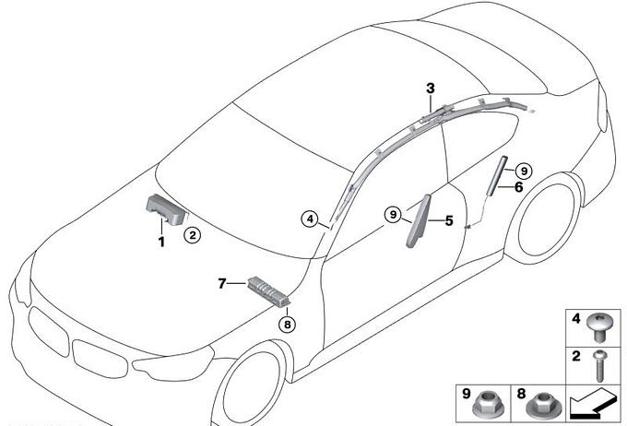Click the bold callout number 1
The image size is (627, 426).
pos(161,242)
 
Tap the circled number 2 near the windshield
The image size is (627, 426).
pos(193,235)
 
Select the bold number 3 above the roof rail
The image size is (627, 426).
pos(431,88)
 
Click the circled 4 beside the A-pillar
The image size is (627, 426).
pos(311,219)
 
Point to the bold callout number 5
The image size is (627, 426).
pos(449,220)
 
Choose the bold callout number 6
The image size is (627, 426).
pos(518,187)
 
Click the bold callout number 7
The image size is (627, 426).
pos(222,284)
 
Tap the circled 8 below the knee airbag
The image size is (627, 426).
pos(288,324)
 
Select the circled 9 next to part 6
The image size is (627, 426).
pos(524,172)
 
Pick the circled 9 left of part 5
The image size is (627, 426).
pos(394,215)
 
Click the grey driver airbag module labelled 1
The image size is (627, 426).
pos(166,208)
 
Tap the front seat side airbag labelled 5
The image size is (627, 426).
pos(419,220)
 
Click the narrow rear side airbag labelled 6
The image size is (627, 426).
pos(496,175)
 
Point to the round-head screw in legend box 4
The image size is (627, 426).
pos(597,326)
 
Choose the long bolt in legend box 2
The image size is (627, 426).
pos(599,365)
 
